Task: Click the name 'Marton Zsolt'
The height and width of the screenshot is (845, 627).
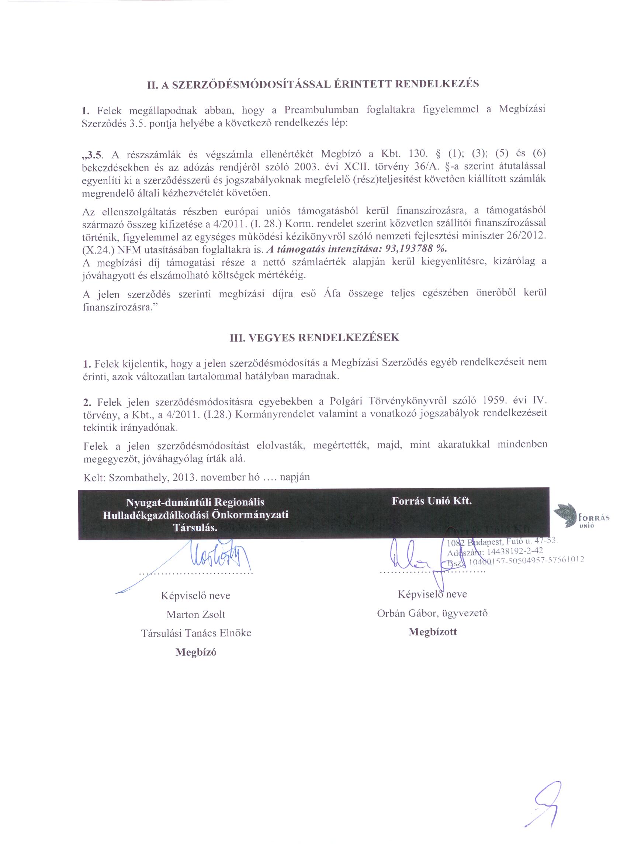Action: [x=195, y=614]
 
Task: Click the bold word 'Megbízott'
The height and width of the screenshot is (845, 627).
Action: [x=433, y=632]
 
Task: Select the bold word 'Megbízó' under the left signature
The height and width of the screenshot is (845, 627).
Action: [x=196, y=652]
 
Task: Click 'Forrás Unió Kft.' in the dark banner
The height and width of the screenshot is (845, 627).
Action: [x=432, y=501]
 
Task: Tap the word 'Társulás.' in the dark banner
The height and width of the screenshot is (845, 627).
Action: [x=195, y=528]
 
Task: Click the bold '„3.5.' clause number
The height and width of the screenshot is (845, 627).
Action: [x=93, y=155]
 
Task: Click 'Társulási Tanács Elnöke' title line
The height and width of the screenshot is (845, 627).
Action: [x=196, y=633]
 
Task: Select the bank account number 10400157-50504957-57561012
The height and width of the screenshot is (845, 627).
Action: [x=526, y=560]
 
